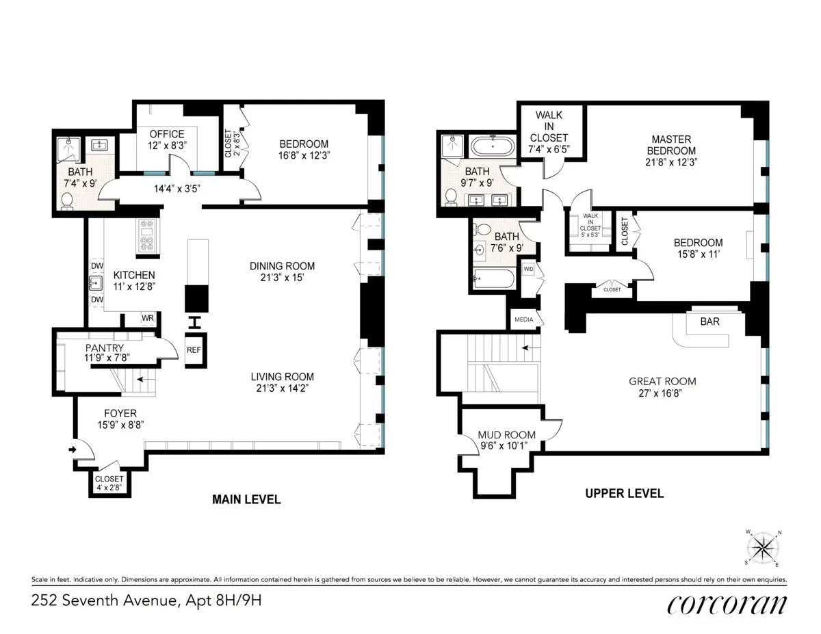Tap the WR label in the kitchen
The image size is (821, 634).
coord(148,318)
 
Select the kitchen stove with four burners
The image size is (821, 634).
coord(147,236)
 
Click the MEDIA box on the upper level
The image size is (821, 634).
coord(523,319)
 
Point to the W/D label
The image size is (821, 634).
coord(528,269)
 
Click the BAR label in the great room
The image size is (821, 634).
coord(709,321)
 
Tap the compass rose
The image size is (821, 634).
coord(765,548)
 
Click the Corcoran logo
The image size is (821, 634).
coord(727,604)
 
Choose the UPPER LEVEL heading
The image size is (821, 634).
coord(625,493)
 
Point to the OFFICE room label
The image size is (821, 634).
coord(167,134)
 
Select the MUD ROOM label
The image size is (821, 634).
coord(507,435)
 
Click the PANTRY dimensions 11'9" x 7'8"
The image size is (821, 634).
coord(107,357)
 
